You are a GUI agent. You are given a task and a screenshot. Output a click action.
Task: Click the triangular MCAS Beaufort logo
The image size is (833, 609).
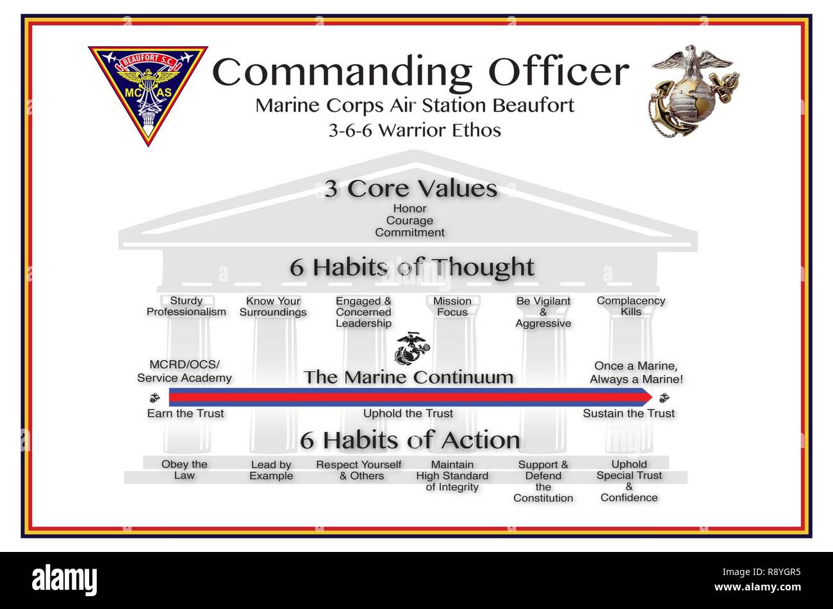point(147,90)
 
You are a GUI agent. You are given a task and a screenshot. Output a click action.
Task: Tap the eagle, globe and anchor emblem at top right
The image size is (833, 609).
point(693,90)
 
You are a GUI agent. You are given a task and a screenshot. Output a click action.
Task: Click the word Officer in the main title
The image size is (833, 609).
point(558,72)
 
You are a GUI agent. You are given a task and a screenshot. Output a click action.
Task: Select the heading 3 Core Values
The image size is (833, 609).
point(411,189)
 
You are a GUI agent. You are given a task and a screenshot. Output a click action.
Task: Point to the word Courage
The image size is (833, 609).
point(409,221)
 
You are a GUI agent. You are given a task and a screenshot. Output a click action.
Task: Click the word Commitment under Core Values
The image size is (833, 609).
point(409,233)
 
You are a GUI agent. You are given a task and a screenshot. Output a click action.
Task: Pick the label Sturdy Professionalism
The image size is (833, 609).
point(186,306)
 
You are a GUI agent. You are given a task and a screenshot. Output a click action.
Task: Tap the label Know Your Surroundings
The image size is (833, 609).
point(273,306)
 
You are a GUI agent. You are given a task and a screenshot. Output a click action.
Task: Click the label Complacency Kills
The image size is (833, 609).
point(631,306)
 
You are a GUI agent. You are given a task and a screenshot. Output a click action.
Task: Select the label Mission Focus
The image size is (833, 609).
point(452,306)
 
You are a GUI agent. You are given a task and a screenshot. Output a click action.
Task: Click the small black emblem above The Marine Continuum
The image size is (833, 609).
point(410,349)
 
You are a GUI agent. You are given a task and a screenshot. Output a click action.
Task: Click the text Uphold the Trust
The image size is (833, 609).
point(408,413)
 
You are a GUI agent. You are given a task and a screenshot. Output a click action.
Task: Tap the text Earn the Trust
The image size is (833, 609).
point(185,413)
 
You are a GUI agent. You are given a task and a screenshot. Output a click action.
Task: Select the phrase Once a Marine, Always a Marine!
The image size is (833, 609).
point(636,372)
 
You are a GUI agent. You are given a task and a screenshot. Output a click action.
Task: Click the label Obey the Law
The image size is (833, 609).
point(184,470)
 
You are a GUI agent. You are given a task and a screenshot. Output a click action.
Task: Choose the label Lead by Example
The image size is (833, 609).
point(271,470)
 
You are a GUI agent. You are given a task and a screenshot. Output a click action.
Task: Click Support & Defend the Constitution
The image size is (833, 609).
point(543,481)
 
